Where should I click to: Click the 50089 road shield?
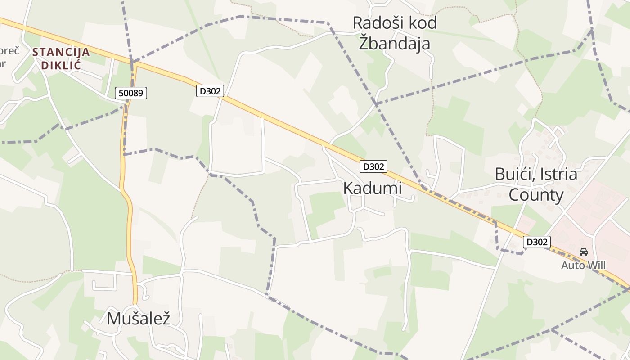point(131,93)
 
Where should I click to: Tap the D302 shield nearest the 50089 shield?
point(210,91)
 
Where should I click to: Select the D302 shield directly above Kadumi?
point(373,166)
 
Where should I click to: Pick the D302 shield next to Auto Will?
point(537,242)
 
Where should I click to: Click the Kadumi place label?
point(372,188)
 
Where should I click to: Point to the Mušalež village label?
point(139,318)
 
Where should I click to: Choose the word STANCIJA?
point(61,52)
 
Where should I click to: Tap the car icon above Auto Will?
point(584,252)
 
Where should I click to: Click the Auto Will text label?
point(583,265)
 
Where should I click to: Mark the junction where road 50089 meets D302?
point(134,64)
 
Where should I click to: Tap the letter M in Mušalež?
point(114,318)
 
